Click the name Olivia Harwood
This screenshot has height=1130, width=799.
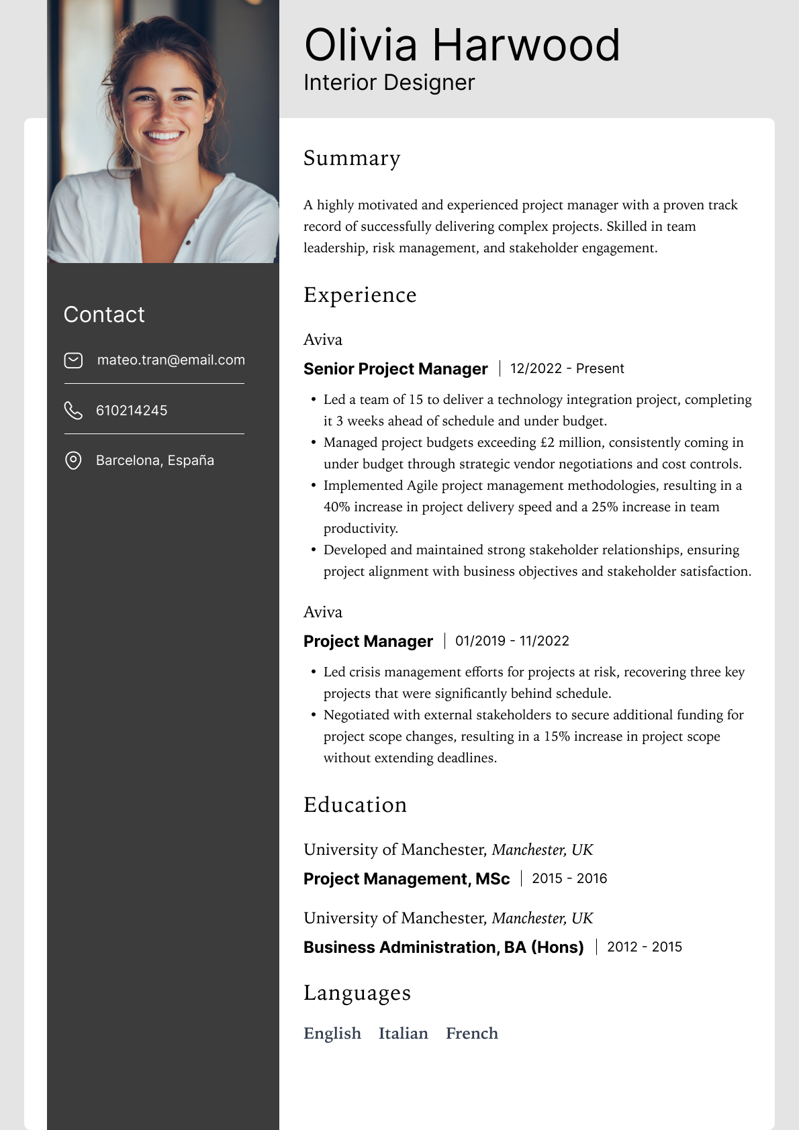pos(461,46)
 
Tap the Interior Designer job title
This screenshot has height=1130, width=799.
pos(389,83)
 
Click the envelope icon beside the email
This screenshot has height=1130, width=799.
pos(73,360)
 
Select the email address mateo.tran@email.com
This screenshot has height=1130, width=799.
pos(171,360)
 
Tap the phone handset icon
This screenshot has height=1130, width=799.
pos(73,410)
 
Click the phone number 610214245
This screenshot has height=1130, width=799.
pos(132,411)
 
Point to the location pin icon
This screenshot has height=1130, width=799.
pos(73,460)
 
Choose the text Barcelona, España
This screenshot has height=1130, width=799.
pos(155,460)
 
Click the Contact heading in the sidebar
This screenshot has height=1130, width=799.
pos(104,315)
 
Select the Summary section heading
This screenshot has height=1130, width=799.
pos(352,158)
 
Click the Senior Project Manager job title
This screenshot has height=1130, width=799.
pos(395,369)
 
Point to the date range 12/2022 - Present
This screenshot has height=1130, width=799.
pos(567,368)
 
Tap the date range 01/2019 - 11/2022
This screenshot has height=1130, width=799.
pos(512,641)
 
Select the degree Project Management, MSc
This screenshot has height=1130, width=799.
pos(406,879)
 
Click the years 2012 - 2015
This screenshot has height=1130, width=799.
pos(644,947)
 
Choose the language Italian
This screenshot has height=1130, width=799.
pos(403,1033)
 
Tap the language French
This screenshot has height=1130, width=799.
pos(472,1033)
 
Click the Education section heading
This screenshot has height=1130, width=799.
pos(355,805)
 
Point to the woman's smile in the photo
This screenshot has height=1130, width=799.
pos(164,136)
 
